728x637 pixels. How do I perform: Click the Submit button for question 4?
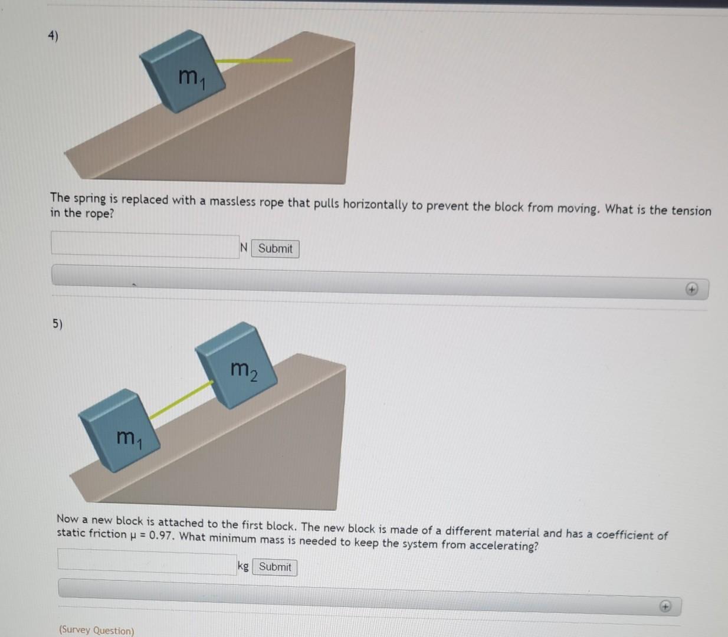pos(275,248)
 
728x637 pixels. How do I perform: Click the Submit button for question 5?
pos(275,567)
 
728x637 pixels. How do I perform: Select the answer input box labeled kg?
pos(146,560)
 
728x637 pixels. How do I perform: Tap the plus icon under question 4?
pos(691,289)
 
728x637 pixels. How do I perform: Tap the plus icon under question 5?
pos(665,606)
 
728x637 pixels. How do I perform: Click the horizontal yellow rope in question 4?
pos(254,60)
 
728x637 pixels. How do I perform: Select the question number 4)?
pos(53,36)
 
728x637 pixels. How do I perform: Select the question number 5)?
pos(57,323)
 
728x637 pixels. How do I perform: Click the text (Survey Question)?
pos(96,630)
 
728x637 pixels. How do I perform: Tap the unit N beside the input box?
pos(244,248)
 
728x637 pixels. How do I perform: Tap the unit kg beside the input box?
pos(243,566)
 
